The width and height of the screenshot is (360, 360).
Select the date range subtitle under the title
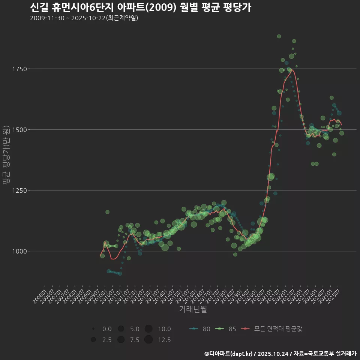click(x=84, y=18)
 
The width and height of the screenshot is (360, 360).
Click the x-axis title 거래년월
click(x=193, y=309)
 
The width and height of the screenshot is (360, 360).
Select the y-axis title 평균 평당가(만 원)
click(x=6, y=155)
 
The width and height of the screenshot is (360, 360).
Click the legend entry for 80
click(x=200, y=329)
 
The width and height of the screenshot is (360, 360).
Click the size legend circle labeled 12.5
click(x=148, y=340)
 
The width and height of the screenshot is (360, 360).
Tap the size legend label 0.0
click(x=107, y=329)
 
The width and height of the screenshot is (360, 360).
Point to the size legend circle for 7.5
click(x=121, y=340)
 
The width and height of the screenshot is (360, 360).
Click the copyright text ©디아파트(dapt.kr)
click(x=229, y=354)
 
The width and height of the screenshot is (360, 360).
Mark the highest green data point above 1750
click(x=279, y=36)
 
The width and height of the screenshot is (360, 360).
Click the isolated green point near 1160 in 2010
click(x=107, y=212)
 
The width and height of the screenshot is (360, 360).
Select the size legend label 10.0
click(x=164, y=329)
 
